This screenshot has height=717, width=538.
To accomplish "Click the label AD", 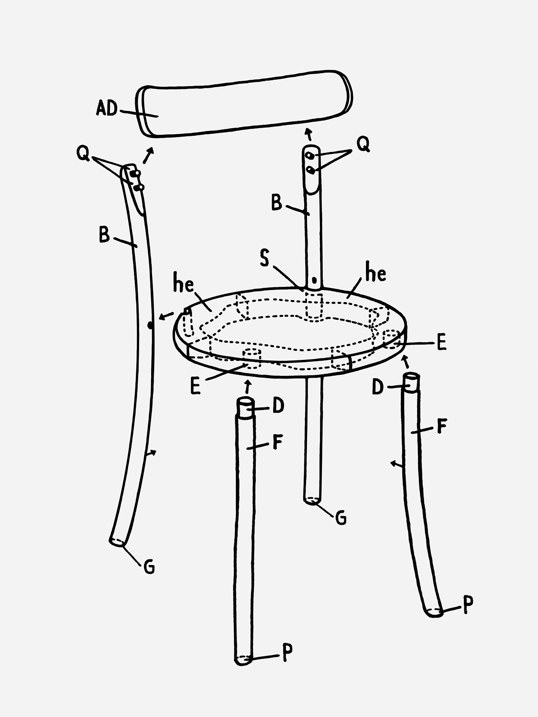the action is pos(107,108).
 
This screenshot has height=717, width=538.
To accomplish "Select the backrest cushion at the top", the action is pos(244,104).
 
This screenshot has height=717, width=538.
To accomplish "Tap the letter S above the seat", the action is pos(264,258).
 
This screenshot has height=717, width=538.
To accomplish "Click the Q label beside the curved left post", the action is pos(83,153).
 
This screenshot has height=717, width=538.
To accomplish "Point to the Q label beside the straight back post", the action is pos(363,144).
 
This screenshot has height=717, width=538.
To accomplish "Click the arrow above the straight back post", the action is pos(308,134).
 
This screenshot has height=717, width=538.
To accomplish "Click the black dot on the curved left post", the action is pos(150,326).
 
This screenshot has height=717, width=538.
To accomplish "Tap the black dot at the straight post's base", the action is pos(314,280).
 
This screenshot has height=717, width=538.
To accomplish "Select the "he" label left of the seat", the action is pos(183,282).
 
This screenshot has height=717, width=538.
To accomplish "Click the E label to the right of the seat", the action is pos(441,343).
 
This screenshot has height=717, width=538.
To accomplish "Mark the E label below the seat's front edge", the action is pos(195,386).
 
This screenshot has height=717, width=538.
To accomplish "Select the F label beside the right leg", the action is pos(441,426).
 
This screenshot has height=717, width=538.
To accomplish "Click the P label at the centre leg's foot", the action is pos(287,653).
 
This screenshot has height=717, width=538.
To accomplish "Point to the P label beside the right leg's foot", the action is pos(468,605).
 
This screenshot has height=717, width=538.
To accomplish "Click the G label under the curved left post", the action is pos(149,567).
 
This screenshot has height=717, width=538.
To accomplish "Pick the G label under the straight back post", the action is pos(340,517).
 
